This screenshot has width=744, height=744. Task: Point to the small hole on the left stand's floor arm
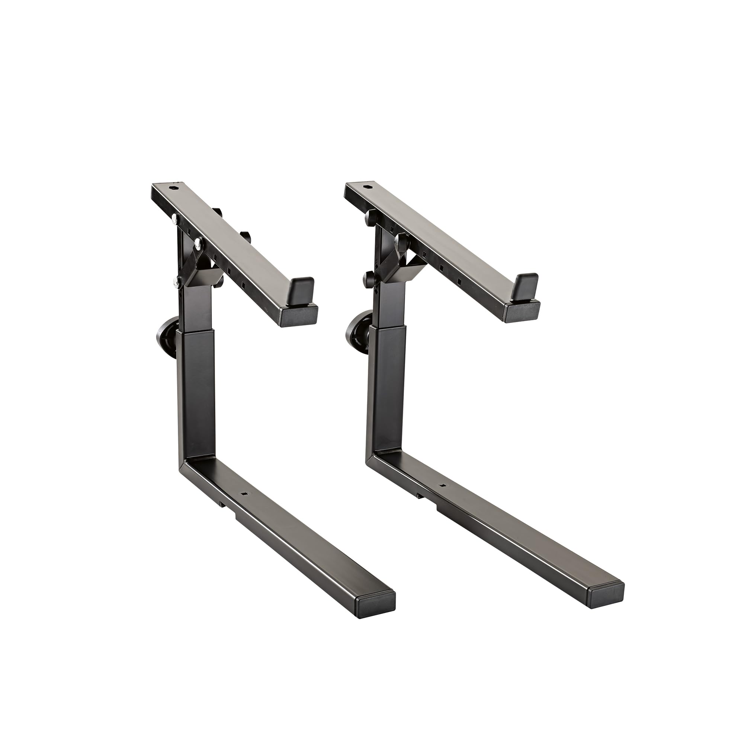243,493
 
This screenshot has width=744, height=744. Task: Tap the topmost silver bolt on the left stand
176,219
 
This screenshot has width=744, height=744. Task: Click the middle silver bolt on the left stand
199,241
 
